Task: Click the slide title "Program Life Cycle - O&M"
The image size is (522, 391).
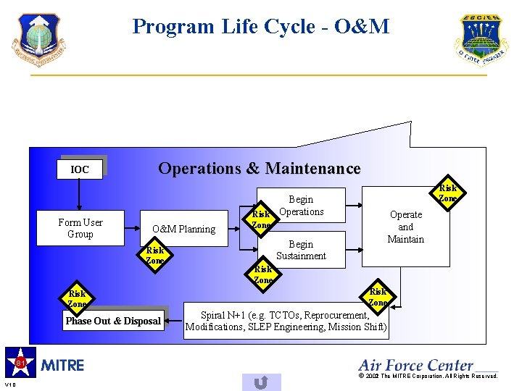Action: click(260, 28)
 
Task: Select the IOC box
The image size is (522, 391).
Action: click(80, 169)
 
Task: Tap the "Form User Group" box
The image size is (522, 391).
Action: click(80, 228)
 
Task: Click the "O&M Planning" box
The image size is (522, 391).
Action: click(183, 229)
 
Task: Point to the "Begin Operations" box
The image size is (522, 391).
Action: click(302, 205)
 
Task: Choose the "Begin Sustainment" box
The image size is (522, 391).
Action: click(302, 250)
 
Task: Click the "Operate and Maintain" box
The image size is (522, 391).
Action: click(406, 227)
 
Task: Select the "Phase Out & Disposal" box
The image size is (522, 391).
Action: click(113, 321)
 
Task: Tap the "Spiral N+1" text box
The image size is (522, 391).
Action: click(286, 321)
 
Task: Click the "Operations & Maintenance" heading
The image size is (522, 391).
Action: click(259, 169)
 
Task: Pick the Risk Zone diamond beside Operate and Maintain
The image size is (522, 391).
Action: click(448, 193)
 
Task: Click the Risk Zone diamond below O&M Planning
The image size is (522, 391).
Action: click(155, 256)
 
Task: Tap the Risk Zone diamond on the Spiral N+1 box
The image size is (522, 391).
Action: click(378, 297)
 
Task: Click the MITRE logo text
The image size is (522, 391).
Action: click(63, 365)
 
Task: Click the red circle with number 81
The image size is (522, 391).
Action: click(21, 361)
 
